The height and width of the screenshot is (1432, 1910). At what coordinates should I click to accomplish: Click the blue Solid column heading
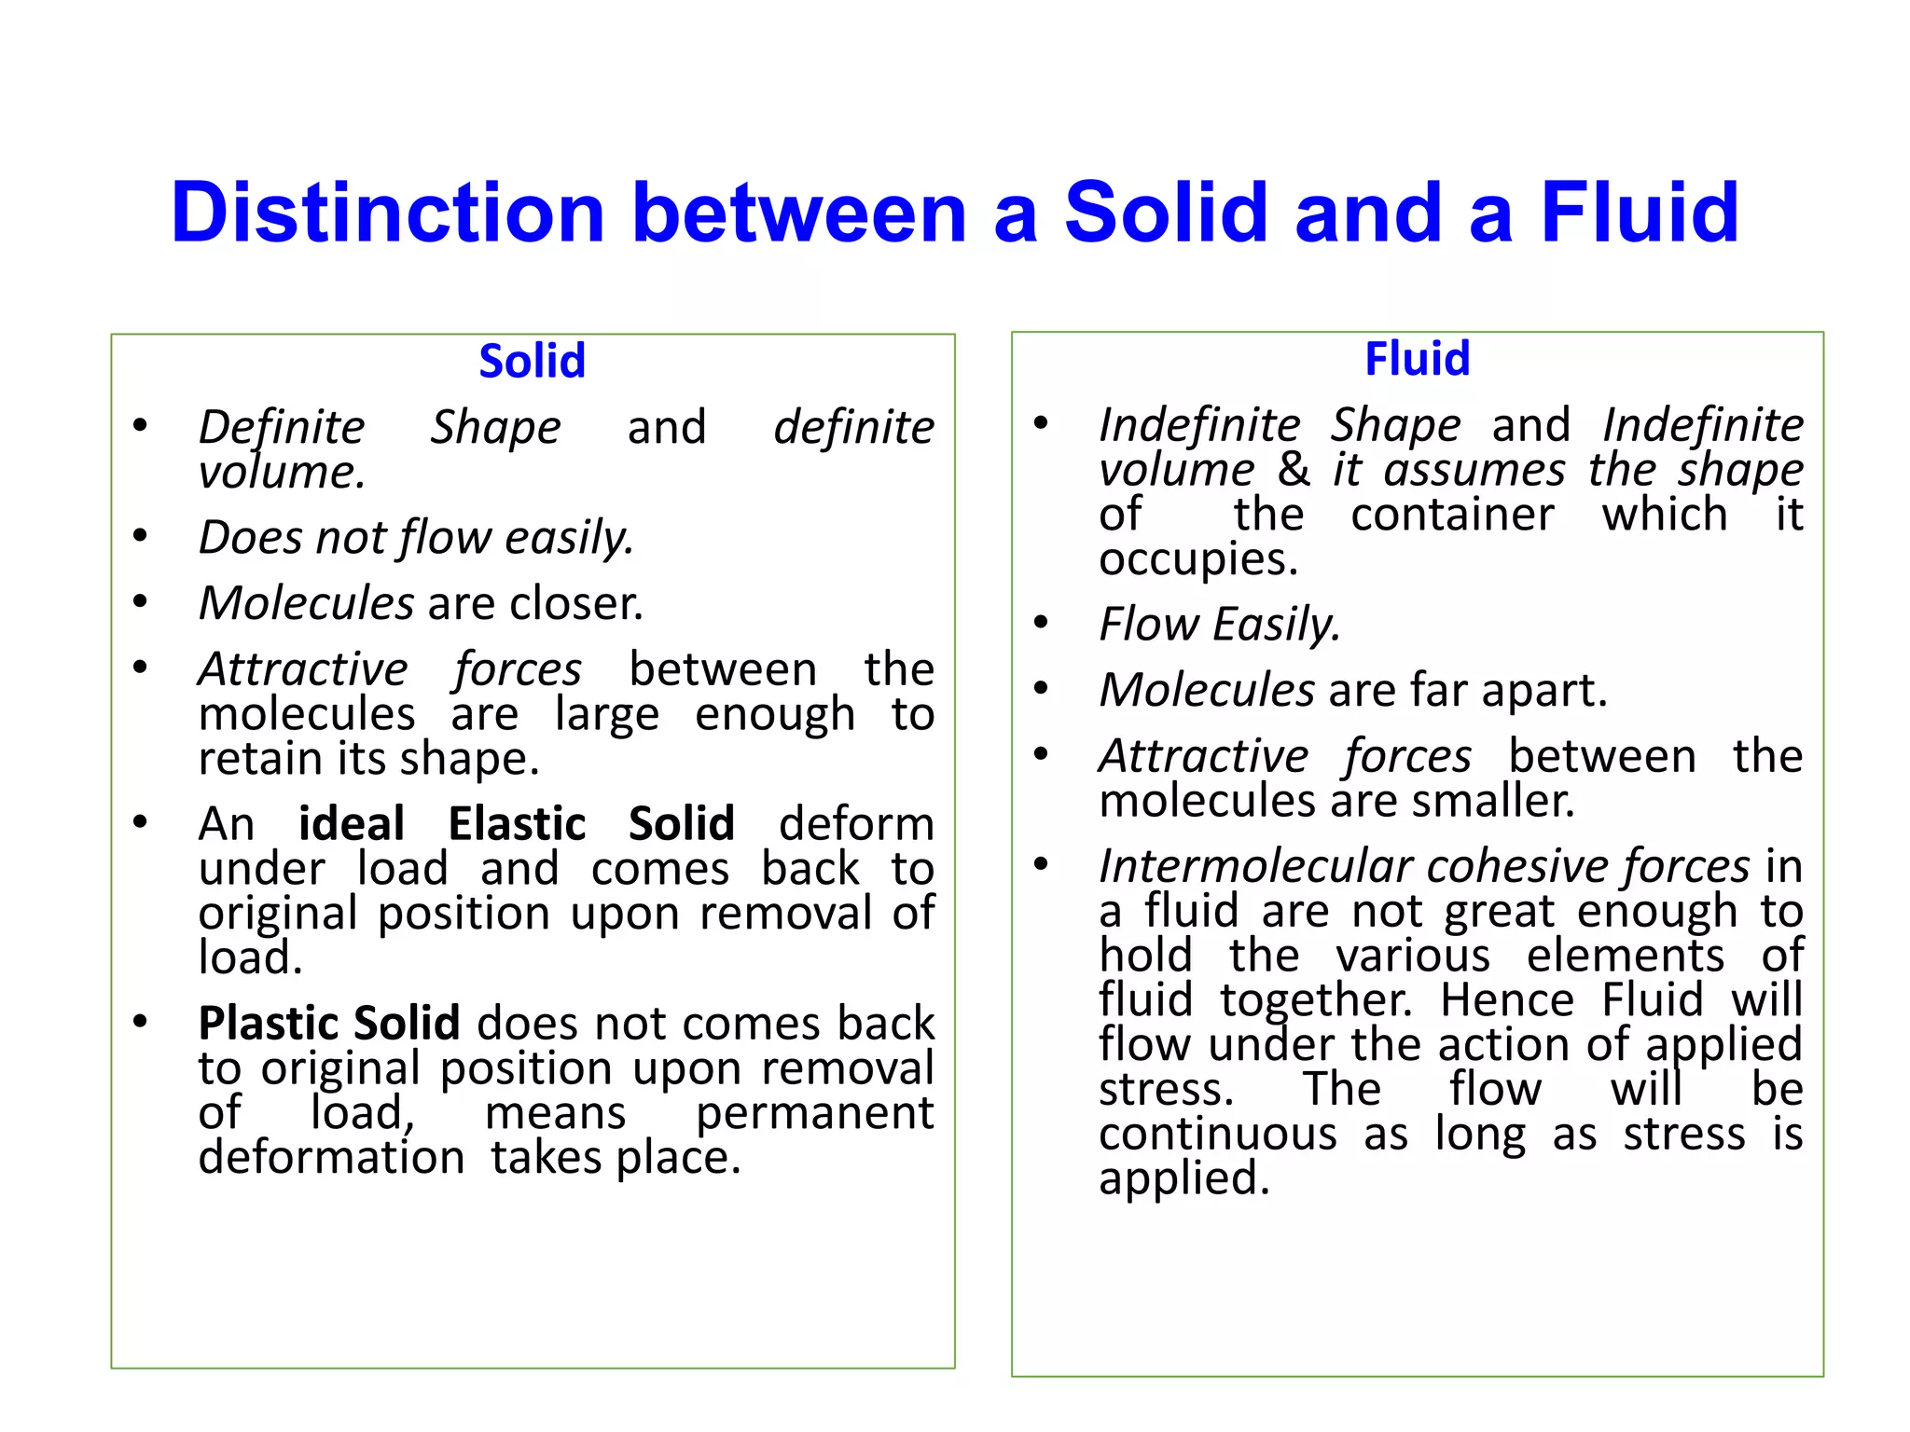pos(532,361)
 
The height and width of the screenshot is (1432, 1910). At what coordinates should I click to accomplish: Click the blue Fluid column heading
pos(1417,359)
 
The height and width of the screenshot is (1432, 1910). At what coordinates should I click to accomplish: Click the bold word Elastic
pos(517,824)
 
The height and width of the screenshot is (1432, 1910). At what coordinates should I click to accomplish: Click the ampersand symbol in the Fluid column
pos(1294,469)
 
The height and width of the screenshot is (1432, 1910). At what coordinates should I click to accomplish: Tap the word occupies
pos(1197,559)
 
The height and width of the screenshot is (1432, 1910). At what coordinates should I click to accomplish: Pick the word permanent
pos(814,1113)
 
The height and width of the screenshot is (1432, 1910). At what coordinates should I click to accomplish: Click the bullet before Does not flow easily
pos(140,536)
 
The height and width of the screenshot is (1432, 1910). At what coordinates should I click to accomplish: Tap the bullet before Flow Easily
pos(1041,622)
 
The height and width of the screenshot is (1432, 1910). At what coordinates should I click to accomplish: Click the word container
pos(1452,515)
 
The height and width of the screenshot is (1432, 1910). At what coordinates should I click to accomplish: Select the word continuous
pos(1217,1135)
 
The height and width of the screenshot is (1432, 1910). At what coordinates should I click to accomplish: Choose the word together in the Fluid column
pos(1316,1000)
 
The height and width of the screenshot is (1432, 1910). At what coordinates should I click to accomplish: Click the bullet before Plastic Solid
pos(140,1021)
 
